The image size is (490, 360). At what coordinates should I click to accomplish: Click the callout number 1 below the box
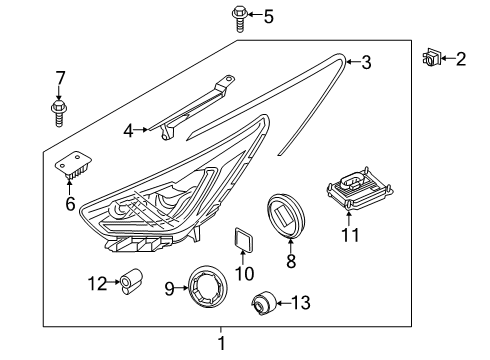pos(222,343)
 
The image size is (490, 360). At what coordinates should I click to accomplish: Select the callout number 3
pos(366,63)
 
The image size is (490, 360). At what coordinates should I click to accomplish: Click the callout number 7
pos(60,77)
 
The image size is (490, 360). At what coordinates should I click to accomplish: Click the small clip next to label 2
pos(432,59)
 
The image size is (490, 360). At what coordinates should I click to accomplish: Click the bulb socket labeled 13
pos(266,300)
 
